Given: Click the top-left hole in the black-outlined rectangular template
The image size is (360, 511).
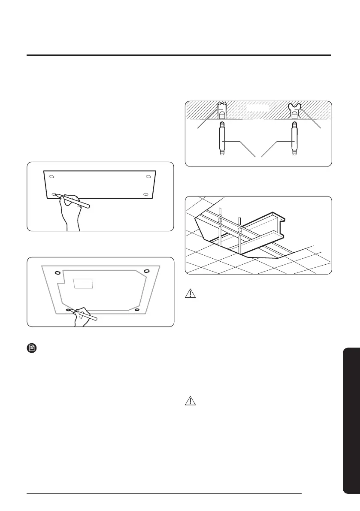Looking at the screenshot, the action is click(51, 176).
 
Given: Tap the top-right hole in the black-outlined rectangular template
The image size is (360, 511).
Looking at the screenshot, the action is click(148, 177).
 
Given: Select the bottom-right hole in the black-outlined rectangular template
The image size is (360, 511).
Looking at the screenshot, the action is click(145, 194).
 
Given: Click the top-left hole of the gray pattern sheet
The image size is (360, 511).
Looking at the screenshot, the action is click(57, 272).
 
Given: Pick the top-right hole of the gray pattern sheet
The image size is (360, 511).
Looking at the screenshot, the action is click(146, 270).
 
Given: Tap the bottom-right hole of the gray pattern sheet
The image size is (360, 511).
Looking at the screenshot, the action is click(137, 309).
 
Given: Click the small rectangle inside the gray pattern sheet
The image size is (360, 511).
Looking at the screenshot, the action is click(83, 283).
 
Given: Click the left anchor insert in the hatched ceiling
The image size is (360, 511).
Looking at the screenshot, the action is click(222, 110).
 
